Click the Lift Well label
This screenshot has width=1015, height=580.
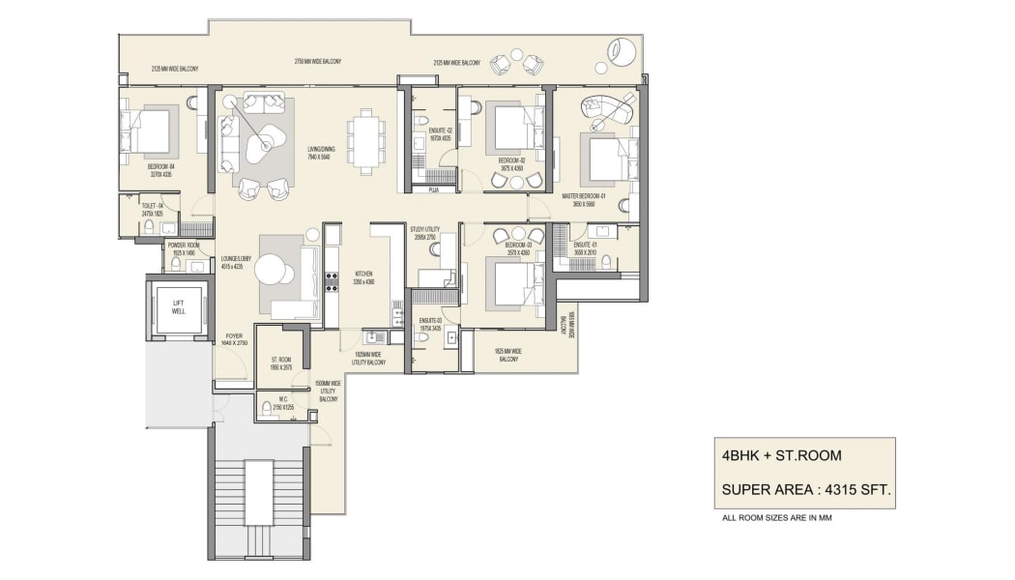tap(179, 306)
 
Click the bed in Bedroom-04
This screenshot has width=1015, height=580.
tap(148, 131)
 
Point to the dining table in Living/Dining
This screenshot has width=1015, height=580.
tap(366, 140)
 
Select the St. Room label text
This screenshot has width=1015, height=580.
tap(281, 363)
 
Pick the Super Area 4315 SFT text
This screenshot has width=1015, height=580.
tap(805, 490)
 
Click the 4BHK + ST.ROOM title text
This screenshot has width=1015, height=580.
tap(781, 455)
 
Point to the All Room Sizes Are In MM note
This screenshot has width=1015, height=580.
tap(777, 518)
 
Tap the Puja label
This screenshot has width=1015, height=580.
tap(434, 190)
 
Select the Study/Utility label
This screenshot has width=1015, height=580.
tap(425, 233)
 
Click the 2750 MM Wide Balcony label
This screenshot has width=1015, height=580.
tap(318, 62)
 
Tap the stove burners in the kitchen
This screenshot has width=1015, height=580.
tap(332, 281)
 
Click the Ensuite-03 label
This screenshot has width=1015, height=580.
tap(431, 324)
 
